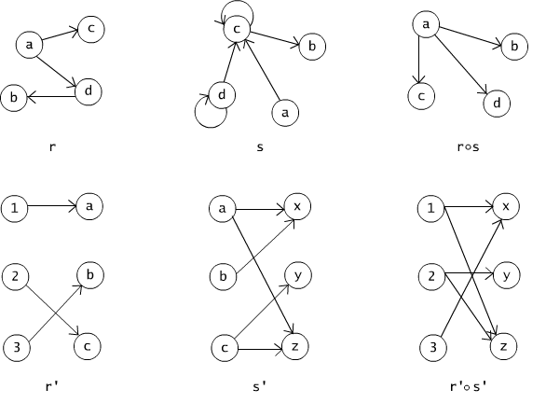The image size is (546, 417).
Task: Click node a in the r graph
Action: click(29, 45)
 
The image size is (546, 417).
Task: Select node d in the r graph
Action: click(89, 91)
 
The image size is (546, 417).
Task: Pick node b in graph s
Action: click(312, 47)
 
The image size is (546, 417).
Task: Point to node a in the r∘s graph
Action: click(426, 24)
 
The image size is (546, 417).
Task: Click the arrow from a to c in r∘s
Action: click(419, 60)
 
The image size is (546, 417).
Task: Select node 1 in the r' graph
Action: click(14, 209)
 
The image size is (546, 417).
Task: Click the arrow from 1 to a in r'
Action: click(52, 206)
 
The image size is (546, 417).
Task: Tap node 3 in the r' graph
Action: click(17, 348)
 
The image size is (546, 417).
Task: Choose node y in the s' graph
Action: click(298, 275)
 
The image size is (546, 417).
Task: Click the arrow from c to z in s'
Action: click(260, 349)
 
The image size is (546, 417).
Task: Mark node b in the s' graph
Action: click(223, 276)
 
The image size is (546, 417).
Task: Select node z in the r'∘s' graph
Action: click(503, 346)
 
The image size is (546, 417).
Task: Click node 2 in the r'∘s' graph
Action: click(431, 276)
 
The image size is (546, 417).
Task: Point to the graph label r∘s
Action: click(468, 147)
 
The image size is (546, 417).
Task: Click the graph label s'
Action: click(260, 386)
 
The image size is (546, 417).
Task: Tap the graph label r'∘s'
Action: click(468, 386)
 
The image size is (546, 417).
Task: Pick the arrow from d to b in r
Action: click(51, 97)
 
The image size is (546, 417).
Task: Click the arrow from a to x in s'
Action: click(261, 210)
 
